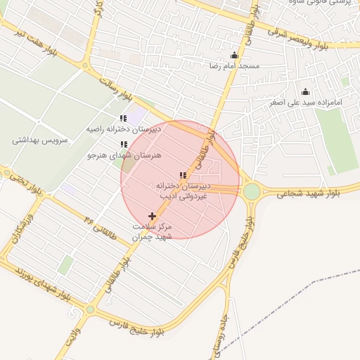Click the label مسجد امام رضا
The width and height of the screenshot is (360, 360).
[x=234, y=65]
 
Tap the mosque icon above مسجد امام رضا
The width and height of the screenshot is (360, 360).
[x=234, y=56]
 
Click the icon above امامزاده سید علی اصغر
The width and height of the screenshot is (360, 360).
[x=305, y=91]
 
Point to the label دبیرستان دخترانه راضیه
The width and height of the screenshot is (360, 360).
[x=124, y=129]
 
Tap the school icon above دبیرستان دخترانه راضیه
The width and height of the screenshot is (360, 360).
[x=124, y=119]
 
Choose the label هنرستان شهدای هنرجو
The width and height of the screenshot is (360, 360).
[x=124, y=155]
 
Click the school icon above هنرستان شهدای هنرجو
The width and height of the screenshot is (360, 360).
[x=124, y=145]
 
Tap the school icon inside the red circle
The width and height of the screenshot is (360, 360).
[x=183, y=175]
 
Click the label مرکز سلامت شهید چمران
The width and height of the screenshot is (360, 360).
[x=153, y=231]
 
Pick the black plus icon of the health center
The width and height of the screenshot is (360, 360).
[x=152, y=216]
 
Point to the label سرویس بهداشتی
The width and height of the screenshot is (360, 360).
[x=39, y=140]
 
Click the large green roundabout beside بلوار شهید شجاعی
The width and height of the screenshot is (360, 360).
[x=252, y=191]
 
